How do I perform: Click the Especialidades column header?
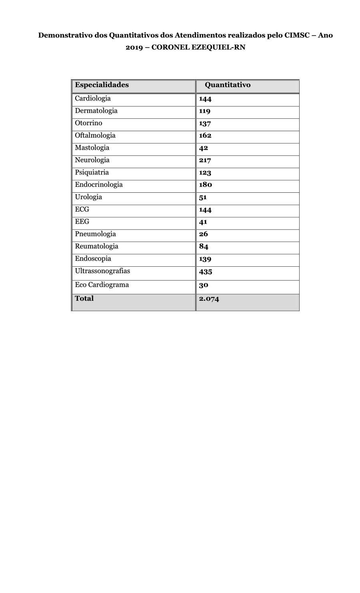click(102, 85)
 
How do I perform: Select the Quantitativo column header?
click(228, 85)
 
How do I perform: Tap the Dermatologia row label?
click(96, 111)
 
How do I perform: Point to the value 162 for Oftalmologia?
click(205, 136)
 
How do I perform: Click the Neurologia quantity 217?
click(205, 160)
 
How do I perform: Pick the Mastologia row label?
click(92, 148)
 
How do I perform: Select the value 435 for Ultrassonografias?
click(206, 272)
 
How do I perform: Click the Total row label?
click(84, 299)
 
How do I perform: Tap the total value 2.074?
click(209, 299)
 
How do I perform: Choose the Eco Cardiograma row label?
click(102, 285)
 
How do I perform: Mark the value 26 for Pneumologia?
click(204, 234)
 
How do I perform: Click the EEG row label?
click(82, 222)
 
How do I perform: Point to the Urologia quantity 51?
click(203, 198)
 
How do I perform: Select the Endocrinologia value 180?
click(206, 185)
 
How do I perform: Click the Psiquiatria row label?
click(92, 173)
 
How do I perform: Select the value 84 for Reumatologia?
click(204, 247)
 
